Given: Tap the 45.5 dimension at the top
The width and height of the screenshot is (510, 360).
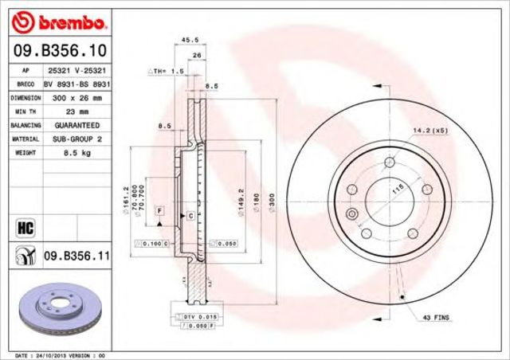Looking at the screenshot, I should coord(190,39).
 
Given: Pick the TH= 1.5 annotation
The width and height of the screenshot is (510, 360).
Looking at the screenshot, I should coord(166,71).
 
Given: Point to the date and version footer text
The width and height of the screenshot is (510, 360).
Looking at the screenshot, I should coord(61,353).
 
